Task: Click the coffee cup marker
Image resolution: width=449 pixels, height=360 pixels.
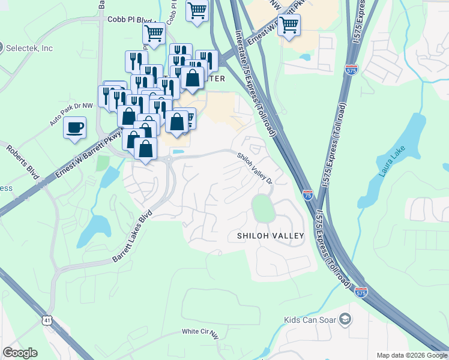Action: point(74,128)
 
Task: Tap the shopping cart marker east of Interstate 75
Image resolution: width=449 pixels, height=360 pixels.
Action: point(289,25)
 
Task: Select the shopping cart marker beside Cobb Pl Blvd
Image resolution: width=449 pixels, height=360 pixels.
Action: point(154,34)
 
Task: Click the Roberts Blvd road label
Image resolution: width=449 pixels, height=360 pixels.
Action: point(23,161)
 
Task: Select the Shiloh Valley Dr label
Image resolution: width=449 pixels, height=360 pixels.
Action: point(255,168)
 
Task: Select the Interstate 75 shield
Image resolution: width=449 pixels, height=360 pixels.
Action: point(307,194)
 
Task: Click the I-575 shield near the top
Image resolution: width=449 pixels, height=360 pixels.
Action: point(352,70)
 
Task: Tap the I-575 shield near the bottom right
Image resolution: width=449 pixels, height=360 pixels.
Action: point(360,292)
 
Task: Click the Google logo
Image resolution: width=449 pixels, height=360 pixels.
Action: point(20,353)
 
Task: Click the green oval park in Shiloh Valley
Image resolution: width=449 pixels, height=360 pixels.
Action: point(263,208)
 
